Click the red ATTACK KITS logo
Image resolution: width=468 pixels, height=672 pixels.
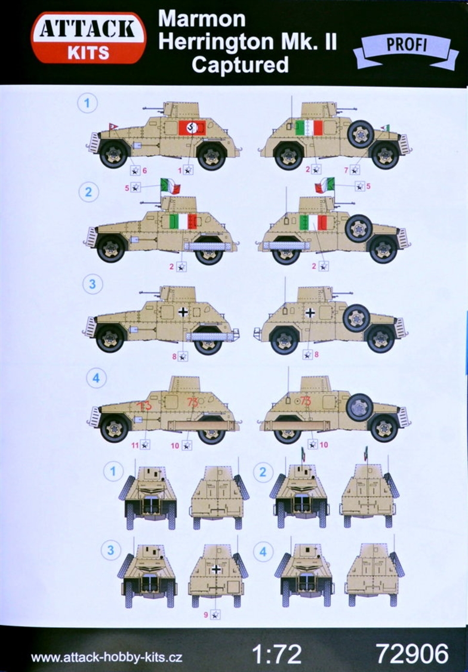[x=89, y=38]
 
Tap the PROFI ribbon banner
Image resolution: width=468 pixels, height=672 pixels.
[x=406, y=48]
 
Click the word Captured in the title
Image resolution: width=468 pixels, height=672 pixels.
[x=240, y=64]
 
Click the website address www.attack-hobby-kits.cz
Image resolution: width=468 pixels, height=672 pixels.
[x=107, y=658]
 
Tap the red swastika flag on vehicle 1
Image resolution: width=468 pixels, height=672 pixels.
[x=192, y=127]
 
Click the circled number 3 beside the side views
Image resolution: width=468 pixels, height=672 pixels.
[x=93, y=285]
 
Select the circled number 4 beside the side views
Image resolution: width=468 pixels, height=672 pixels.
[x=96, y=378]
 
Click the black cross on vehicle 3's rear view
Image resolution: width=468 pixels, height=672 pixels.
[x=217, y=569]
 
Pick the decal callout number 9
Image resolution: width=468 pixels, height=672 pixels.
[x=206, y=615]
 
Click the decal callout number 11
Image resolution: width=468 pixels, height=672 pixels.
[x=135, y=445]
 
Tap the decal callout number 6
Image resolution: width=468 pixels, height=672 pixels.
[x=145, y=171]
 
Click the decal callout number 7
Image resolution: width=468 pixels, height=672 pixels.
[x=346, y=170]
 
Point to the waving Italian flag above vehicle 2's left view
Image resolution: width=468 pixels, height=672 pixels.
[x=170, y=186]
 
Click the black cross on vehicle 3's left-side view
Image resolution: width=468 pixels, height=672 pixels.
[x=183, y=312]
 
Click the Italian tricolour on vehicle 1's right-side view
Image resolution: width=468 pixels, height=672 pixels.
[x=309, y=128]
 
